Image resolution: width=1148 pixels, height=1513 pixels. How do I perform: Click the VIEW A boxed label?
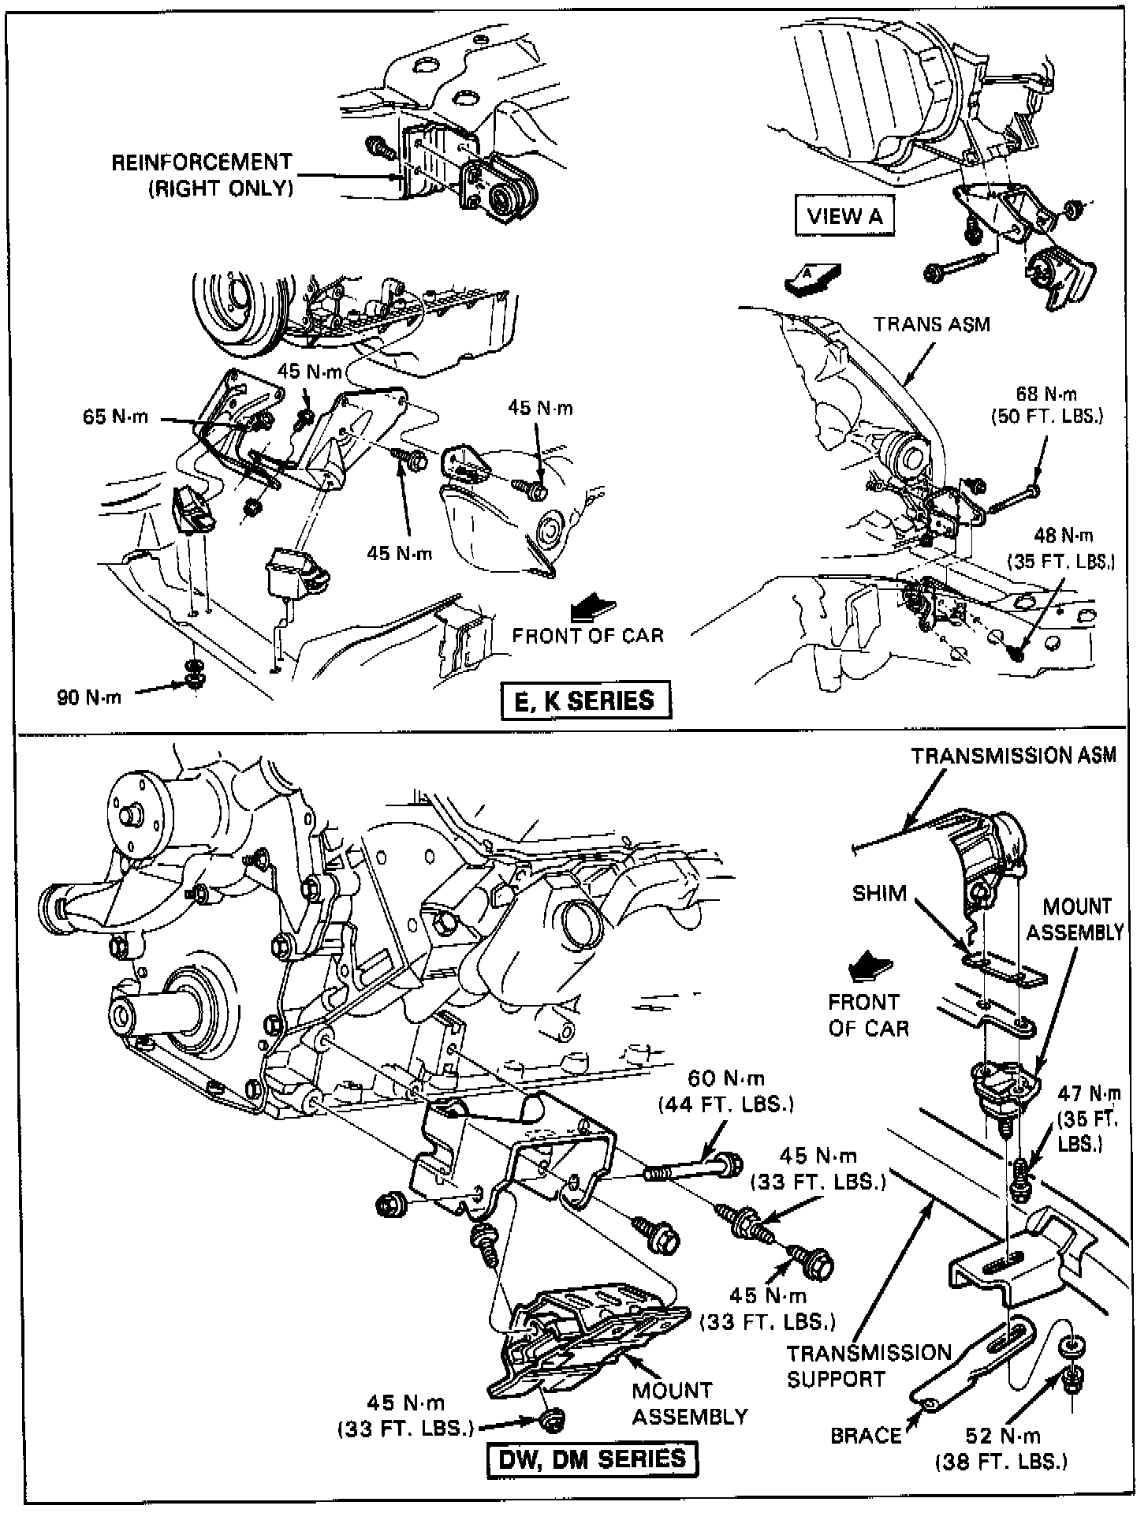[x=844, y=215]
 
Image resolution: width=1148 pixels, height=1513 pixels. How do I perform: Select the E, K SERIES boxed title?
[x=585, y=700]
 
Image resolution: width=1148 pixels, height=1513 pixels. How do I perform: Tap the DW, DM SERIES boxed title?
[x=593, y=1459]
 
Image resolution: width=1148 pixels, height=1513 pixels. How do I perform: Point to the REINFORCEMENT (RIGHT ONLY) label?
[x=202, y=175]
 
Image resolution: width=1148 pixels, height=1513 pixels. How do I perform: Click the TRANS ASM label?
[x=931, y=324]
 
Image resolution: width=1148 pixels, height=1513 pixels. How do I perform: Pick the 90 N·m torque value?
[x=89, y=697]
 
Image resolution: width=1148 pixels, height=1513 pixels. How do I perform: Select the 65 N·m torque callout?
[x=115, y=417]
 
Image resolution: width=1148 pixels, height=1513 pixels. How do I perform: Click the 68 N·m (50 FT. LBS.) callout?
[x=1046, y=404]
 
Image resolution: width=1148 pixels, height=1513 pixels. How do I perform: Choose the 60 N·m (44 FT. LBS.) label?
[x=725, y=1090]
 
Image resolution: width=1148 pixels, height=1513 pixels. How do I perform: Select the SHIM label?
[x=879, y=893]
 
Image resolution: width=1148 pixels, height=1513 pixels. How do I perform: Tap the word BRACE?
[x=866, y=1435]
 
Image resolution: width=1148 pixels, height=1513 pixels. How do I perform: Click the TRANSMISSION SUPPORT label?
[x=869, y=1365]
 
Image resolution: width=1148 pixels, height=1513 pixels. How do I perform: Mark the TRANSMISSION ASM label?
[x=1013, y=755]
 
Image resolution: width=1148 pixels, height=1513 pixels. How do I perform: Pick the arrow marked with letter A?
[x=813, y=278]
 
